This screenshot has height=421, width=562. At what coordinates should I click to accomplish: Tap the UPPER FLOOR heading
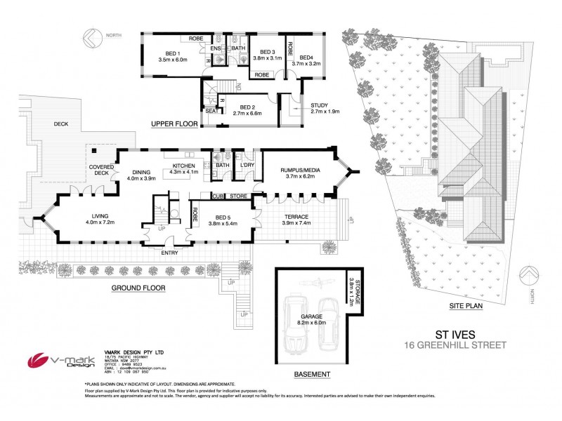pyautogui.click(x=172, y=123)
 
